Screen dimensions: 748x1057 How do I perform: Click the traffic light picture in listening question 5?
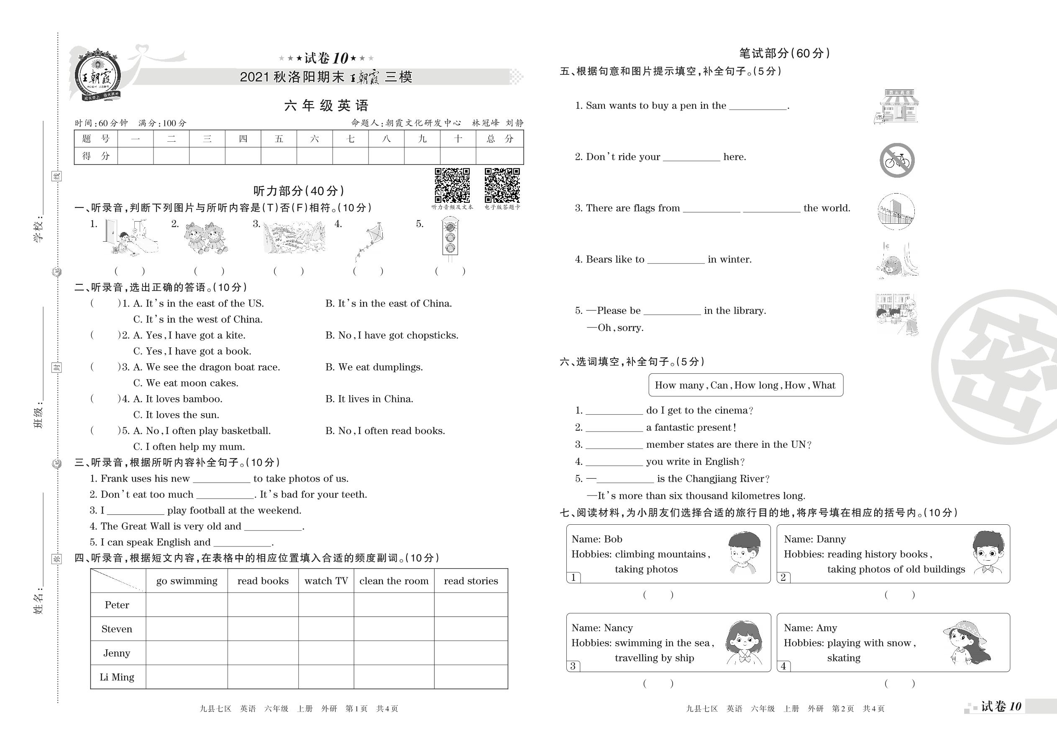(x=450, y=237)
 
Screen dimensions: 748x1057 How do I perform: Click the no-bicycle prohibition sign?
(x=897, y=160)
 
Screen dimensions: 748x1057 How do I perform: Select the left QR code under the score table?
(x=452, y=185)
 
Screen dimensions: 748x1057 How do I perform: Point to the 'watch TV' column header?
(x=326, y=581)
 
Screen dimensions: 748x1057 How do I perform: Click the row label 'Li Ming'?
(x=117, y=677)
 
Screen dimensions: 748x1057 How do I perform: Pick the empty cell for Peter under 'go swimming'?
(x=187, y=605)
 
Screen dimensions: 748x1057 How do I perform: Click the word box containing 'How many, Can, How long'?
(x=745, y=385)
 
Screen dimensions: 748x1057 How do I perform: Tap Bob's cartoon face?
(x=744, y=551)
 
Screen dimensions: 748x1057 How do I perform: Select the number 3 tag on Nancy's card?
(x=573, y=666)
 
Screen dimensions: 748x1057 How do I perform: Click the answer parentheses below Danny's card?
(x=899, y=595)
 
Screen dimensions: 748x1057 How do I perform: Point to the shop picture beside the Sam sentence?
(x=896, y=107)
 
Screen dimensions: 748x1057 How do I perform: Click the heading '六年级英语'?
(x=326, y=105)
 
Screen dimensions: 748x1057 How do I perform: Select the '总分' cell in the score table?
(x=499, y=139)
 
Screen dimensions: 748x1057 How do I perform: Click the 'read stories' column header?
(x=471, y=581)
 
